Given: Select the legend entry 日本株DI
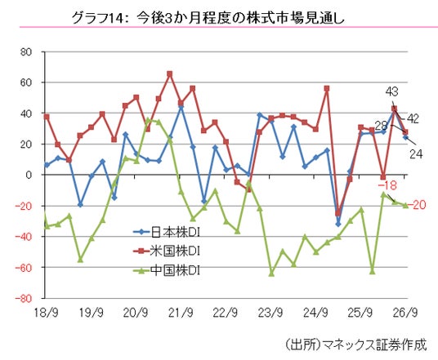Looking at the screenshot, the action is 167,232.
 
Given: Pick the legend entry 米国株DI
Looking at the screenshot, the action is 167,251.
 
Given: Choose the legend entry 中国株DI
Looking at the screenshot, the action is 167,270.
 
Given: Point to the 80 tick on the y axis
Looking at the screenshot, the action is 25,52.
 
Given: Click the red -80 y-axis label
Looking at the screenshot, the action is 24,298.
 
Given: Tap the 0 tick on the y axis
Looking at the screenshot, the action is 29,175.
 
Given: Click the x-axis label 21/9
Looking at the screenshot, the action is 181,313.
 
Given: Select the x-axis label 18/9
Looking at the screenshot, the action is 46,313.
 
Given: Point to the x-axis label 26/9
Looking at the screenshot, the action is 405,313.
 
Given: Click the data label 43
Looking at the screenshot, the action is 392,91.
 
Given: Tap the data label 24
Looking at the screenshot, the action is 416,153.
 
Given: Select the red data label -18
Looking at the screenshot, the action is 387,185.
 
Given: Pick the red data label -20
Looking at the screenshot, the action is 417,205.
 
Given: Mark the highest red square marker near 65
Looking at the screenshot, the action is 169,74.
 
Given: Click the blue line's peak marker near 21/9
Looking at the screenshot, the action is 181,107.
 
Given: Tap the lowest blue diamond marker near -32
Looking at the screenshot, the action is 338,224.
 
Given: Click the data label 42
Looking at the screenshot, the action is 413,119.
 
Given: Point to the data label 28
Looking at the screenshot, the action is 381,126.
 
